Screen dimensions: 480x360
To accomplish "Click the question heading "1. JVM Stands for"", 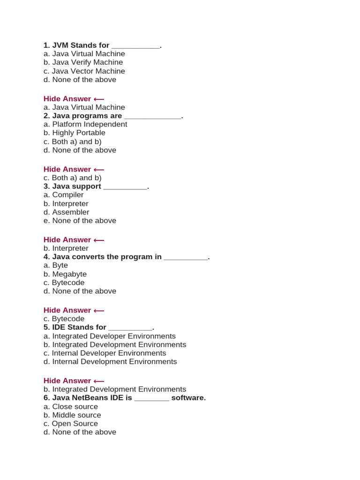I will [x=76, y=45].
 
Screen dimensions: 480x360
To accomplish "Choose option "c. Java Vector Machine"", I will [x=84, y=71].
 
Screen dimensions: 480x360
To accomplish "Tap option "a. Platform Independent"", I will [x=85, y=124].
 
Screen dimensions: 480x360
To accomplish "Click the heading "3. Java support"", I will [x=72, y=187].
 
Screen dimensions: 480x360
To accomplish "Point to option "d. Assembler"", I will [x=66, y=212].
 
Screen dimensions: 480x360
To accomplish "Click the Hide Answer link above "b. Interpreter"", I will [x=74, y=240].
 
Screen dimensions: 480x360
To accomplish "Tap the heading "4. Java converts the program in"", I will [x=103, y=257].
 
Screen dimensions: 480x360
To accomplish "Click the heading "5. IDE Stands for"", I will [x=75, y=327].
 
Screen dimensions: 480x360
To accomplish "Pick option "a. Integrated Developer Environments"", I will [x=110, y=336].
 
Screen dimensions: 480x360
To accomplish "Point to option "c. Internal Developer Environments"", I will [x=105, y=353].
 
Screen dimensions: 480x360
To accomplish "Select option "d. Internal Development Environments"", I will [x=110, y=362].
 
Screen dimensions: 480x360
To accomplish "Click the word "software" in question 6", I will [x=188, y=398].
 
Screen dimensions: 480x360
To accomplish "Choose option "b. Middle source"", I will [x=72, y=415].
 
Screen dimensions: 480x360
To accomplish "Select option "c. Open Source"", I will [x=71, y=424].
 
